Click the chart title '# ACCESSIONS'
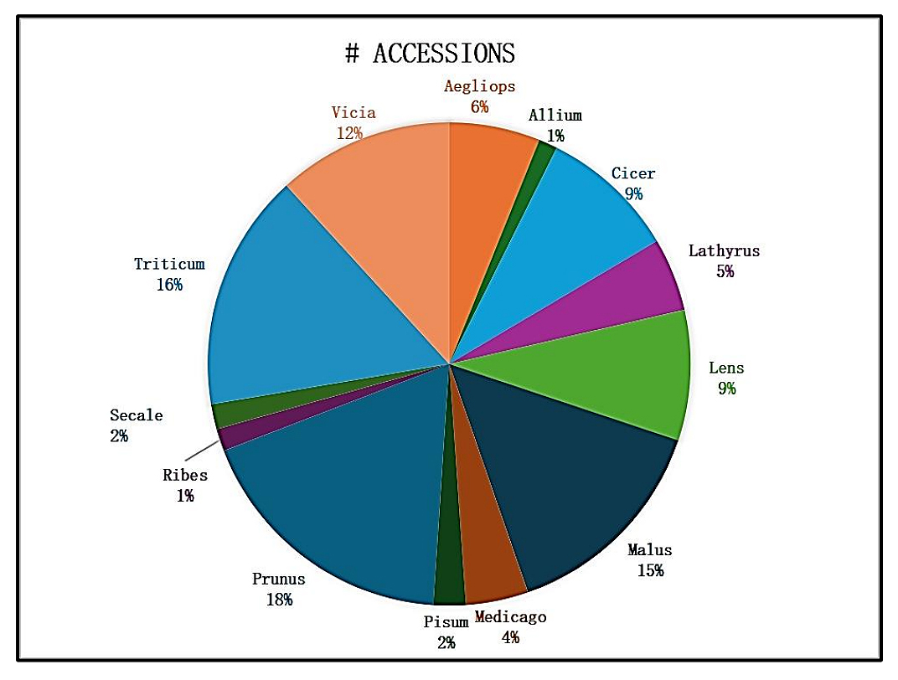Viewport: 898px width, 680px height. [x=430, y=54]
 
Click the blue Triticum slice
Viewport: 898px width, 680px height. [x=293, y=310]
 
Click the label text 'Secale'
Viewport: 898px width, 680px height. [x=137, y=415]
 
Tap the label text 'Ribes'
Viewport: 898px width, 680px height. [x=185, y=475]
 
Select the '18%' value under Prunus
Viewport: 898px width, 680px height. [x=279, y=600]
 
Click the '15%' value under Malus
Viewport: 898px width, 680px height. [x=650, y=570]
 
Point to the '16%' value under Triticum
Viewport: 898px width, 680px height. [x=169, y=285]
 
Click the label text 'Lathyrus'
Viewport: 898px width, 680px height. [x=724, y=250]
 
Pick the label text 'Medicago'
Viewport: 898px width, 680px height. [x=510, y=617]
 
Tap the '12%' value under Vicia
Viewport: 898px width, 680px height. [x=349, y=132]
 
